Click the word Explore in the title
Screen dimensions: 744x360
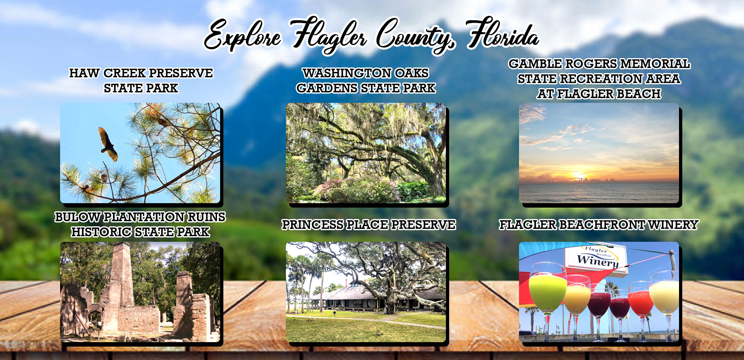[243, 36]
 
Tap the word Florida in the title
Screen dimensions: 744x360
[503, 33]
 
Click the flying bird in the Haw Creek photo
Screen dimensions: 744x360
[107, 144]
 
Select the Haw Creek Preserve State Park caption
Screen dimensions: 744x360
[141, 80]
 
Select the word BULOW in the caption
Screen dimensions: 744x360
[77, 217]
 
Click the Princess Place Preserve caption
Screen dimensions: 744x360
[369, 225]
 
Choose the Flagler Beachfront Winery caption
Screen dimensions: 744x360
[599, 225]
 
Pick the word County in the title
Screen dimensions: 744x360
[415, 36]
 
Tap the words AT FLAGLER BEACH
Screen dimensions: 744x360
[599, 94]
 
